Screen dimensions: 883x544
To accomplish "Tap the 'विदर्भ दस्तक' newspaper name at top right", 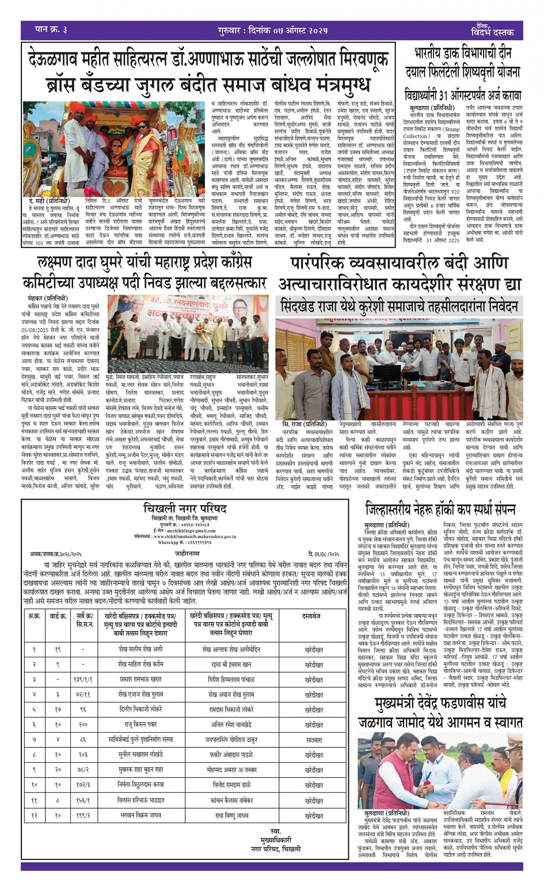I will [x=492, y=32].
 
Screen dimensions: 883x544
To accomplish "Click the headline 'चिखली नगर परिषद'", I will [x=185, y=509].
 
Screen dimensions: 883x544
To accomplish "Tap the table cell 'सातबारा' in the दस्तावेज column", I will [x=314, y=739].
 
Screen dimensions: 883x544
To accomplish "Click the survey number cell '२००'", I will [x=83, y=724].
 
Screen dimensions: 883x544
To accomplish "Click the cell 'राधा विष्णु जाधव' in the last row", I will [x=231, y=815].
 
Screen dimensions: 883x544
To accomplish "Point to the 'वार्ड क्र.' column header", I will [x=58, y=616].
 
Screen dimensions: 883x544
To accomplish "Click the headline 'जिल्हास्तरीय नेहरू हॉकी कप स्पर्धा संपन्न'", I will [x=440, y=509].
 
